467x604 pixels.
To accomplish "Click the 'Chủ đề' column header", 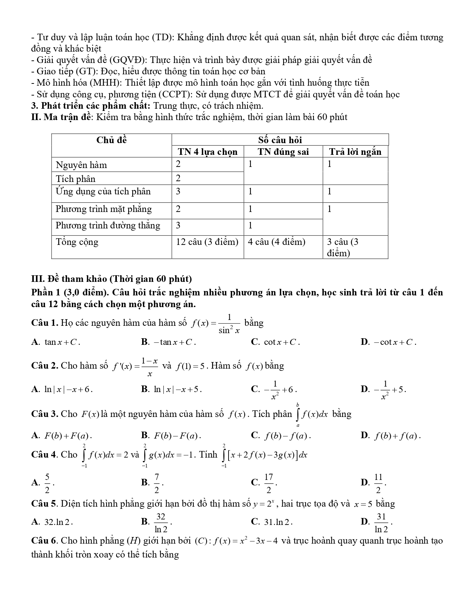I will [x=111, y=140].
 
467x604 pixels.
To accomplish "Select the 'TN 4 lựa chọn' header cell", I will [x=208, y=152].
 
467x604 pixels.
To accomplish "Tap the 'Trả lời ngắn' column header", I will [x=355, y=152].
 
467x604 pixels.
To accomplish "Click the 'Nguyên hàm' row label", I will [x=81, y=165].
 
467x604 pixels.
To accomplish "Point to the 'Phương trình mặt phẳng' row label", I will [x=103, y=209].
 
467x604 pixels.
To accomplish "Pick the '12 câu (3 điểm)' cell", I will [x=207, y=242].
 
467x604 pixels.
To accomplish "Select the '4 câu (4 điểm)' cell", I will [x=277, y=242].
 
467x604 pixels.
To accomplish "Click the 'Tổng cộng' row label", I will [x=77, y=242].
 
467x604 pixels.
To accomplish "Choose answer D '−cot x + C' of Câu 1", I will [x=394, y=342].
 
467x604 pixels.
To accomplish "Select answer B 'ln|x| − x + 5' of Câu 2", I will [x=177, y=389].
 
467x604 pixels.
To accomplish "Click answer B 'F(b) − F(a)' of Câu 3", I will [x=177, y=436].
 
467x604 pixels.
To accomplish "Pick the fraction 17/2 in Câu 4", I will [x=269, y=483].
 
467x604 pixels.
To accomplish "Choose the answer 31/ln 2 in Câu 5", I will [x=381, y=522].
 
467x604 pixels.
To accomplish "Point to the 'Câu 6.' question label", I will [x=45, y=541].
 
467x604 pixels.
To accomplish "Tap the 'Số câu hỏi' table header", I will [x=280, y=140].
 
